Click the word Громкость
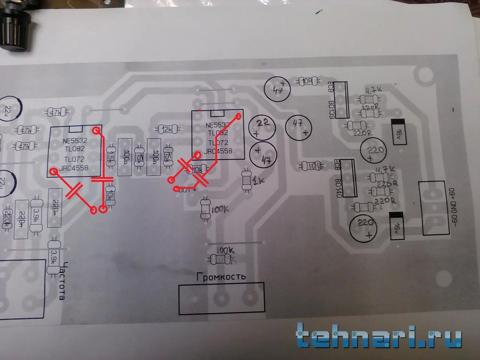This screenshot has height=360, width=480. click(x=221, y=277)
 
